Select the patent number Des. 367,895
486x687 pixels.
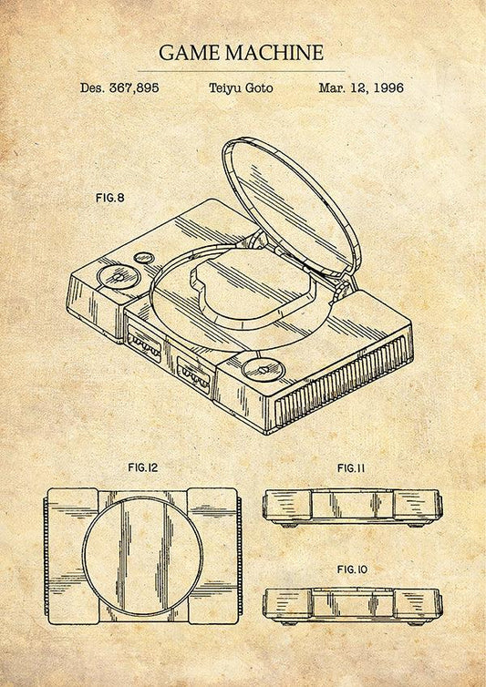coord(119,88)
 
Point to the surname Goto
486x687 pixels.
coord(258,88)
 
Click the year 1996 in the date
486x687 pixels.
coord(385,88)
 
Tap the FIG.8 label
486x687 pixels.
coord(109,197)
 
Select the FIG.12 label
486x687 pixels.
coord(142,467)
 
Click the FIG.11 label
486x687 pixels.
coord(351,468)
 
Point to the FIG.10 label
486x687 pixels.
coord(351,569)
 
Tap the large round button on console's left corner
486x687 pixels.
coord(119,275)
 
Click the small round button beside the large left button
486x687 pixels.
coord(144,258)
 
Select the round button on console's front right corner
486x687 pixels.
coord(263,369)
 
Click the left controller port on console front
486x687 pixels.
coord(145,345)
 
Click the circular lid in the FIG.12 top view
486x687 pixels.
coord(142,555)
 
